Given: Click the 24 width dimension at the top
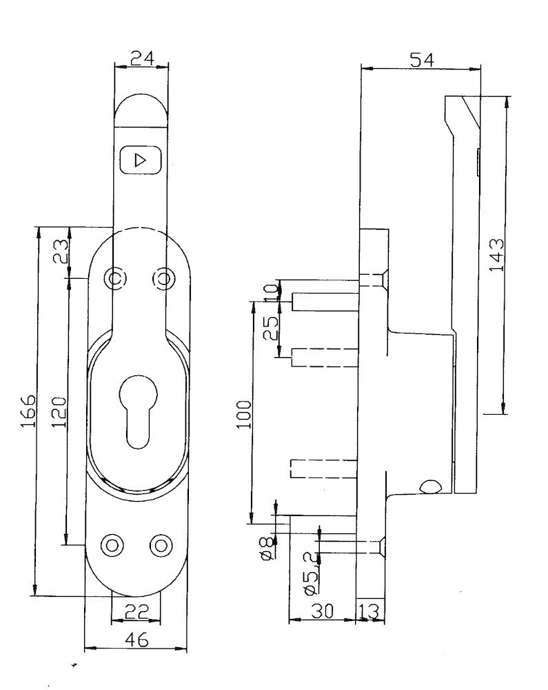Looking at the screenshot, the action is click(x=143, y=59).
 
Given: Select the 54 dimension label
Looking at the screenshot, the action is click(x=421, y=60).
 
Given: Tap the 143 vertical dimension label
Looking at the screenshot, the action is click(x=496, y=255).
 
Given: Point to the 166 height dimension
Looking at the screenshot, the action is click(x=28, y=411).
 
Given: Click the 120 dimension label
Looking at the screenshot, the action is click(x=59, y=412).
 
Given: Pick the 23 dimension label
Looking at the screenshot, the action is click(x=61, y=251).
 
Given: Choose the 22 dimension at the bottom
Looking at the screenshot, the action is click(x=137, y=611).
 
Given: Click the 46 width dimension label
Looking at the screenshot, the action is click(x=137, y=640).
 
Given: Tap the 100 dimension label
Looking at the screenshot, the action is click(x=244, y=415).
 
